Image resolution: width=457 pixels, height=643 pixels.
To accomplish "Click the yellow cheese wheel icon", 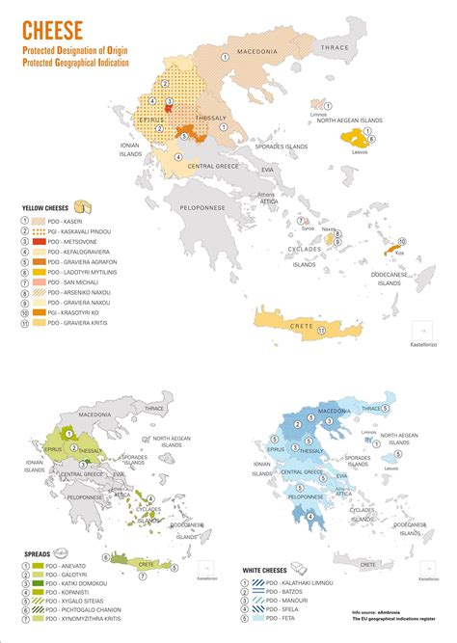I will (88, 205).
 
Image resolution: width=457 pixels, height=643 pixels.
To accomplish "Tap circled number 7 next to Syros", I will (303, 221).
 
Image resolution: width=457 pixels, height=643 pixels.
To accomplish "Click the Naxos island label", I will (328, 229).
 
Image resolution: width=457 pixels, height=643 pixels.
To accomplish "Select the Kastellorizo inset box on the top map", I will (418, 330).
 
